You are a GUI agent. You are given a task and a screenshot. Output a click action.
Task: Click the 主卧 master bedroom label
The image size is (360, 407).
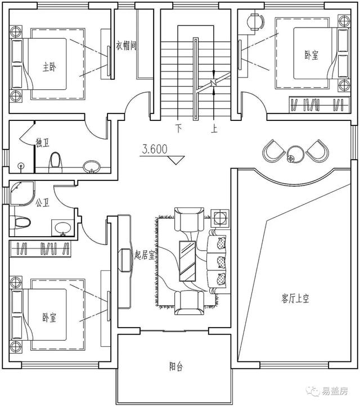[49, 67]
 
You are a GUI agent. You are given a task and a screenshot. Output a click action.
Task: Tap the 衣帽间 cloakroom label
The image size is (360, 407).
[126, 46]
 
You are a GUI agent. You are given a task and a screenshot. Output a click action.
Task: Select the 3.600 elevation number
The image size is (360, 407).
[155, 149]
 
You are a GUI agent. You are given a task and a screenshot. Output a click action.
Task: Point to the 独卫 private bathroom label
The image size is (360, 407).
[43, 143]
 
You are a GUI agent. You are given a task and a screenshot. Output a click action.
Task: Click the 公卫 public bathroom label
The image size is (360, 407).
[42, 202]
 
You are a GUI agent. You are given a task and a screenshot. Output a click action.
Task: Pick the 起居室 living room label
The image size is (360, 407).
[145, 255]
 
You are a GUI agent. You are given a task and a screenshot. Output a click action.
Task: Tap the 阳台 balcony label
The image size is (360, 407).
[176, 367]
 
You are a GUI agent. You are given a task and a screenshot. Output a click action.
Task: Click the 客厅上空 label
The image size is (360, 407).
[295, 299]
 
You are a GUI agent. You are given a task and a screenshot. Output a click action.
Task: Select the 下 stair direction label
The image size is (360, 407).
[178, 128]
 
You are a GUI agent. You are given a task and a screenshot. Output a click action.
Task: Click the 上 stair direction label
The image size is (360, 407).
[214, 129]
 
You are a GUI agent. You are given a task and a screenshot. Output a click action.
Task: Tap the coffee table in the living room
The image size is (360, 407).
[187, 261]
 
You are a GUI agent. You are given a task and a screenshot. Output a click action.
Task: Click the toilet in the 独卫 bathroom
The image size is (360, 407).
[55, 162]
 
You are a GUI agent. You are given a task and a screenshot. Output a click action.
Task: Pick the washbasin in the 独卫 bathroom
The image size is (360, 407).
[92, 166]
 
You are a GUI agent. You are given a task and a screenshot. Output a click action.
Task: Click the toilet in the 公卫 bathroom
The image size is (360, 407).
[20, 223]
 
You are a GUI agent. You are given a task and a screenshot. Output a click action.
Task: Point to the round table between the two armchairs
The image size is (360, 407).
[295, 154]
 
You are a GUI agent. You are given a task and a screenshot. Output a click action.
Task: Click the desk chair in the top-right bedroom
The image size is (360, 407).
[255, 21]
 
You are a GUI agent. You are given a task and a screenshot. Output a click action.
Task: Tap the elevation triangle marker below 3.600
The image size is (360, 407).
[176, 160]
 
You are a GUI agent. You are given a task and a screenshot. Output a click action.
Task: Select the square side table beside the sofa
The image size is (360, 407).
[220, 218]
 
